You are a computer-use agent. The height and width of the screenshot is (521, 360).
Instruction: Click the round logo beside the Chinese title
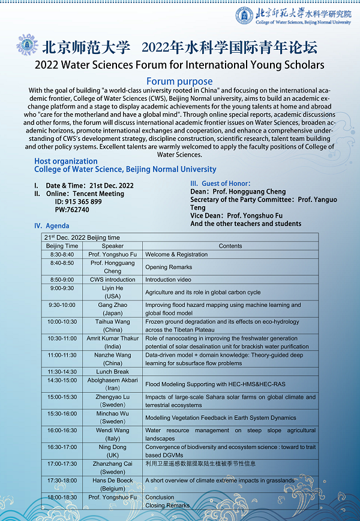point(24,46)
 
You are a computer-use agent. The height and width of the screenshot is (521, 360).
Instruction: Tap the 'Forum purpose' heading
point(179,82)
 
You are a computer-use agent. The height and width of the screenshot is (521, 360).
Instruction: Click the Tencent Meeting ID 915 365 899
point(78,201)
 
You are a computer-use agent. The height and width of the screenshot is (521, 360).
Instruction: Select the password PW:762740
point(72,210)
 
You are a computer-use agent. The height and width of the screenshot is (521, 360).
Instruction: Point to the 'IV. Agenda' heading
point(52,226)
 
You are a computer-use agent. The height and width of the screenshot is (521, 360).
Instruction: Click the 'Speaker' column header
point(113,246)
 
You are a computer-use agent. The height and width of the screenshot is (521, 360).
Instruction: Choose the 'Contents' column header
point(230,246)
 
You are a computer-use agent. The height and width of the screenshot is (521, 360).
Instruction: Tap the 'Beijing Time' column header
point(62,246)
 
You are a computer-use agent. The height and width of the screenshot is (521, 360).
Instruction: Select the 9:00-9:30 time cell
point(62,288)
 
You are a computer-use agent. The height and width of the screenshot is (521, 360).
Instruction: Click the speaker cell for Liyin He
point(113,292)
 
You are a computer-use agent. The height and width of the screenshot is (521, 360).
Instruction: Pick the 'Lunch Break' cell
point(113,372)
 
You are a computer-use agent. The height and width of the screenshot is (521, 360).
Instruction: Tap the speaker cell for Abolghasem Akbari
point(113,384)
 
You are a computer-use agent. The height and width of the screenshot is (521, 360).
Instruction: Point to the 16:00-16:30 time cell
point(62,430)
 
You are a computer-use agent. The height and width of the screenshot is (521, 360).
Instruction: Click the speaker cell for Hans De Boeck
point(113,484)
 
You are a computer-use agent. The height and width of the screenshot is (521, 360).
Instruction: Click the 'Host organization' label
point(66,161)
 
